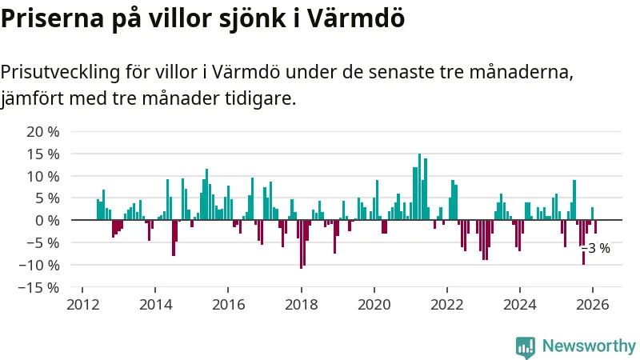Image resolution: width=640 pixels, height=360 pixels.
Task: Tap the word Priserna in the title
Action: (x=51, y=18)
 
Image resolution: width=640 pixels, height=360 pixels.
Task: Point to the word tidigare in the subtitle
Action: (x=258, y=99)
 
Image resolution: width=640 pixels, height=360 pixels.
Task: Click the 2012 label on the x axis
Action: (x=82, y=304)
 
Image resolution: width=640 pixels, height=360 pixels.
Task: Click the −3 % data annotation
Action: (x=597, y=248)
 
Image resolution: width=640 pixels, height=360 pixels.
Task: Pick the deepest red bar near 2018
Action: (x=301, y=244)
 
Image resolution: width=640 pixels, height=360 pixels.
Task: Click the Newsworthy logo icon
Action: (x=526, y=346)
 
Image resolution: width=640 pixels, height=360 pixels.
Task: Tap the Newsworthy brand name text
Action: (x=589, y=346)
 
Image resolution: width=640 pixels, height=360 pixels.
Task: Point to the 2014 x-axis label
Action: (x=155, y=304)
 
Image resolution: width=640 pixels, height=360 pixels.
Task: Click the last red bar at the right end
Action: (x=595, y=226)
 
